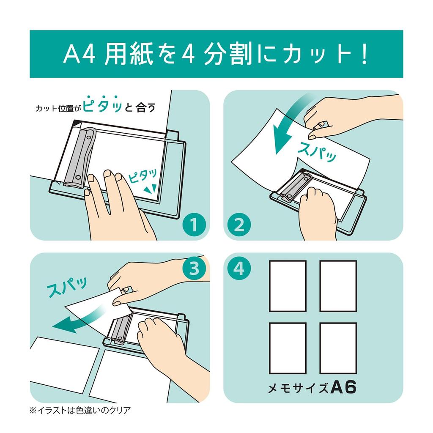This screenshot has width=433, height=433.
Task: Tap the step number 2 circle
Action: pyautogui.click(x=239, y=225)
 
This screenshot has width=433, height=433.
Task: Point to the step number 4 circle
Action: pyautogui.click(x=239, y=269)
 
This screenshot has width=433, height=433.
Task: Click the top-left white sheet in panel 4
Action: pyautogui.click(x=288, y=286)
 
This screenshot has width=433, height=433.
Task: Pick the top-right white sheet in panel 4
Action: pyautogui.click(x=338, y=286)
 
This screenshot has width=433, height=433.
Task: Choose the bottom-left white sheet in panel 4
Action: pyautogui.click(x=288, y=348)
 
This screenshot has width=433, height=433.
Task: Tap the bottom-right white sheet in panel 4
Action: pyautogui.click(x=338, y=348)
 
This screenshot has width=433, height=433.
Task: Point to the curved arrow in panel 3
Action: pyautogui.click(x=80, y=323)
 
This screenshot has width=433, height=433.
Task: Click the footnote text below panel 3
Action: pyautogui.click(x=80, y=410)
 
